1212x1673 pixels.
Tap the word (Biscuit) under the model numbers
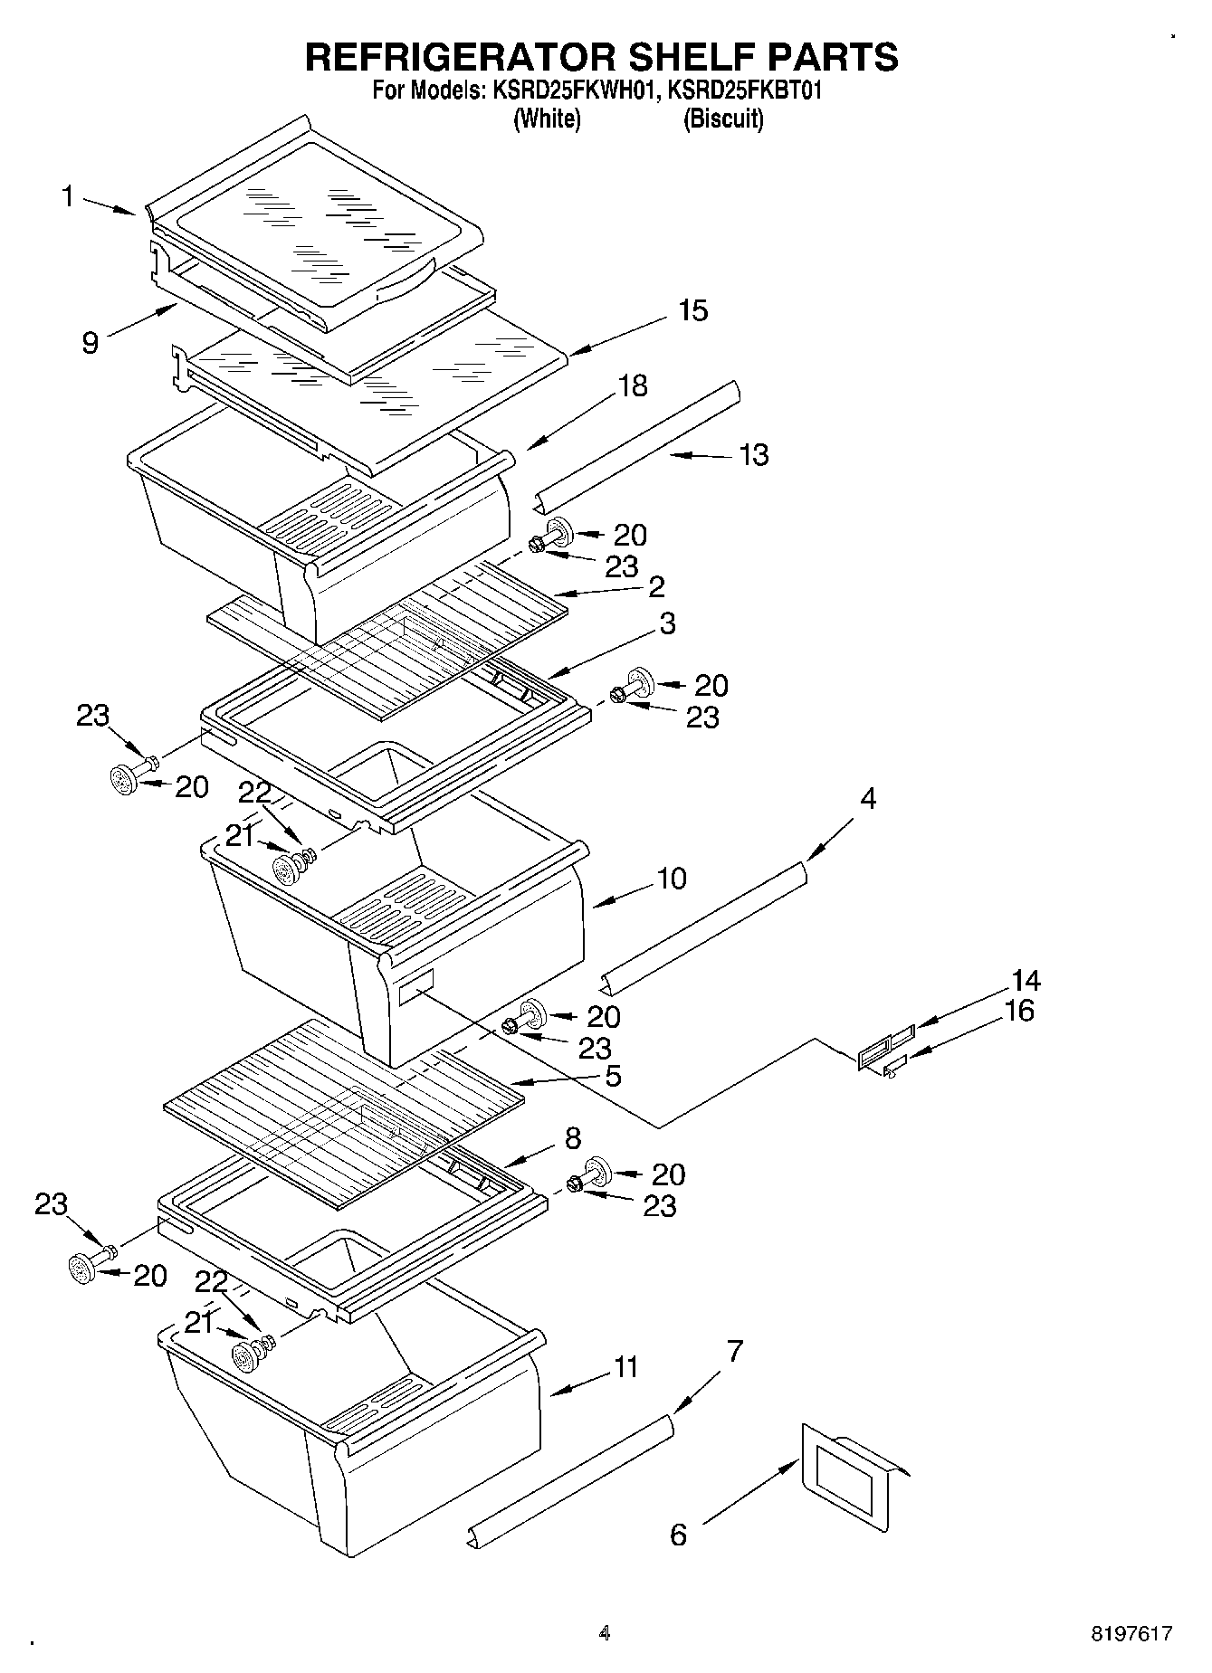coord(722,119)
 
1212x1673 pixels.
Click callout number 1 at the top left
coord(68,195)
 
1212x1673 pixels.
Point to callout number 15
coord(692,310)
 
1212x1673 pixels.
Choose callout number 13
coord(754,454)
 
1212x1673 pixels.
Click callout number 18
coord(633,385)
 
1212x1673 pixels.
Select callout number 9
coord(90,343)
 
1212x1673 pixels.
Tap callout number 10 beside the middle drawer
coord(672,879)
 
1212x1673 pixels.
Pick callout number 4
coord(868,799)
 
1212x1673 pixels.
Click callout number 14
coord(1026,981)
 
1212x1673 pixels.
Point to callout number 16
coord(1019,1011)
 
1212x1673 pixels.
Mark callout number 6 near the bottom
coord(679,1535)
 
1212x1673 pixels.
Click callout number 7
coord(734,1352)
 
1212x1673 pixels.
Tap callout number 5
coord(613,1076)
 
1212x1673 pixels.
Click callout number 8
coord(573,1138)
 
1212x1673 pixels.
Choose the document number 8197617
coord(1131,1634)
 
